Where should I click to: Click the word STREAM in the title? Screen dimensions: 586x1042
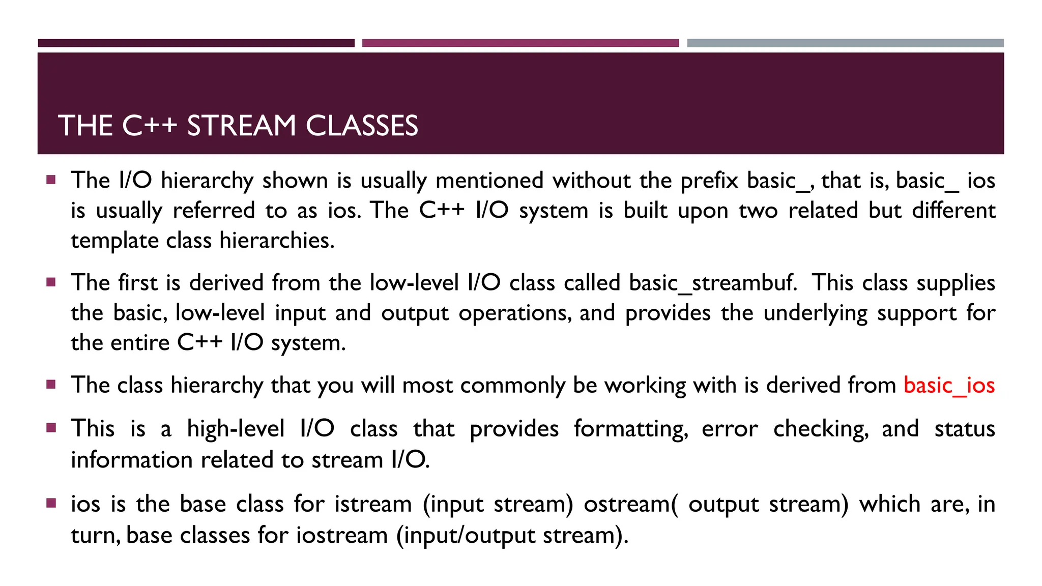coord(241,126)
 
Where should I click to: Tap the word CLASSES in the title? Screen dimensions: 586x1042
coord(362,126)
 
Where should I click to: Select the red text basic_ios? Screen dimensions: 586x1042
coord(949,385)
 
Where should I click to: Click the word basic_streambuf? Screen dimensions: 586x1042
coord(713,283)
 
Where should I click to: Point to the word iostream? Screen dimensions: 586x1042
coord(342,535)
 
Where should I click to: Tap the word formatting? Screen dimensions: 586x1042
coord(631,429)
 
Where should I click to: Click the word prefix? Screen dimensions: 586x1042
coord(709,181)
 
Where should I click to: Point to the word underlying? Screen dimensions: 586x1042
coord(815,313)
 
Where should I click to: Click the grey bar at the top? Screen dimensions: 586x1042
coord(845,43)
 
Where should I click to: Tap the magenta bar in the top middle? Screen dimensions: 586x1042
coord(520,43)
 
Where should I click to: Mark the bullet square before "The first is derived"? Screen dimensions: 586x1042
coord(51,282)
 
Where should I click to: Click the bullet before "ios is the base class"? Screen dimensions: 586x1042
coord(51,503)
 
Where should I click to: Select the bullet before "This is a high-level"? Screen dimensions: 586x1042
coord(51,428)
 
